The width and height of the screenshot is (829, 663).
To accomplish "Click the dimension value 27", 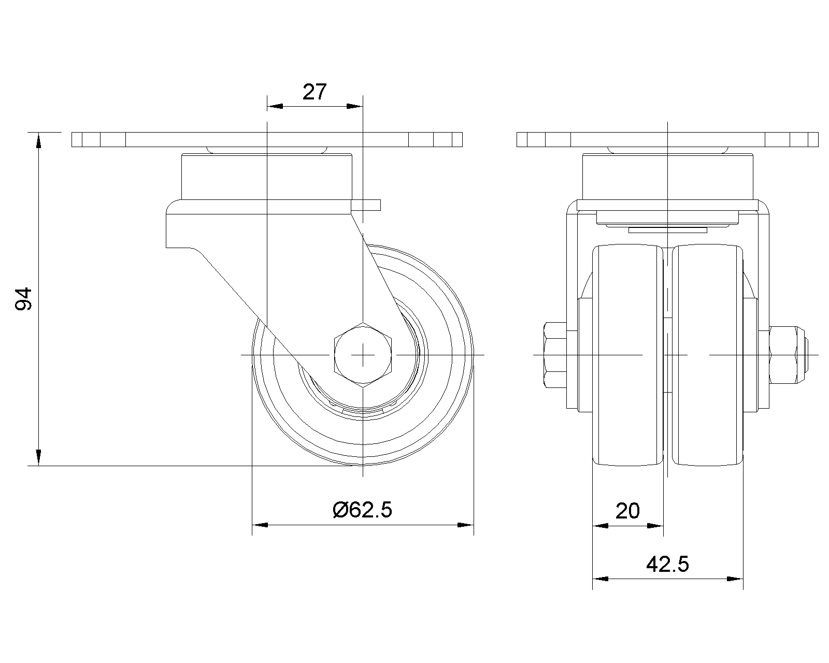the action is click(x=315, y=92).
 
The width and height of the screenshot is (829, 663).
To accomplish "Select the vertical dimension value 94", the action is click(x=23, y=298).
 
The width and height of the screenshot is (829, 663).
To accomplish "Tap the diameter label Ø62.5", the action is click(x=362, y=510).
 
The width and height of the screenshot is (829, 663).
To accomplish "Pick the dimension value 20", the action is click(x=627, y=511).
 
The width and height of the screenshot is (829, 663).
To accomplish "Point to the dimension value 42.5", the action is click(x=667, y=565).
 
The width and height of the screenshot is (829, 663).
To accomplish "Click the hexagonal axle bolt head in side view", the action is click(x=363, y=354).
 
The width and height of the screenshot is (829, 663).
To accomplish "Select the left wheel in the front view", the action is click(x=627, y=355).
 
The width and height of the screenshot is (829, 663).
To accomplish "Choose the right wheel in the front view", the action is click(x=707, y=355).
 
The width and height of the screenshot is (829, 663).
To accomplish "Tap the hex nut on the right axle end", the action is click(x=788, y=355).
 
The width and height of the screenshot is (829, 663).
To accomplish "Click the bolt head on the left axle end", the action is click(x=555, y=355).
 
